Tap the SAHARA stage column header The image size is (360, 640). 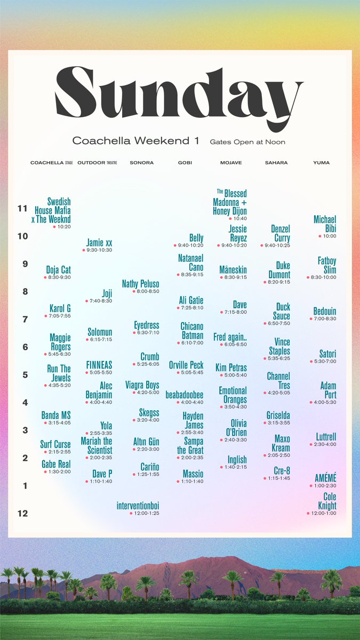point(276,163)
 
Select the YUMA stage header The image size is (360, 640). point(322,163)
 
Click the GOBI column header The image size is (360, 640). point(185,163)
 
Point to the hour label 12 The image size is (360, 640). point(22,514)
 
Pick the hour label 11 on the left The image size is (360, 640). point(22,209)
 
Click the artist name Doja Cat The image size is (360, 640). point(59,270)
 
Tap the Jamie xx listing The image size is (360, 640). point(99,243)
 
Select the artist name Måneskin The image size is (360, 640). point(233,270)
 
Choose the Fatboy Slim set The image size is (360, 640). point(327,266)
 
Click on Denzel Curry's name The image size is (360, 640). point(281,234)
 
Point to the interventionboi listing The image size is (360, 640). point(138,505)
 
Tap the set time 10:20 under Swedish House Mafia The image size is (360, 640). point(63,227)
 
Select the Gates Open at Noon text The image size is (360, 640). point(247,142)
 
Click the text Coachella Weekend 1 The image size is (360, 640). point(135,141)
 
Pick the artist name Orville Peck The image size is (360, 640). point(186,365)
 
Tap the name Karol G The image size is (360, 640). point(60,308)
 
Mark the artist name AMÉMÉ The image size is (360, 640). point(325,478)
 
